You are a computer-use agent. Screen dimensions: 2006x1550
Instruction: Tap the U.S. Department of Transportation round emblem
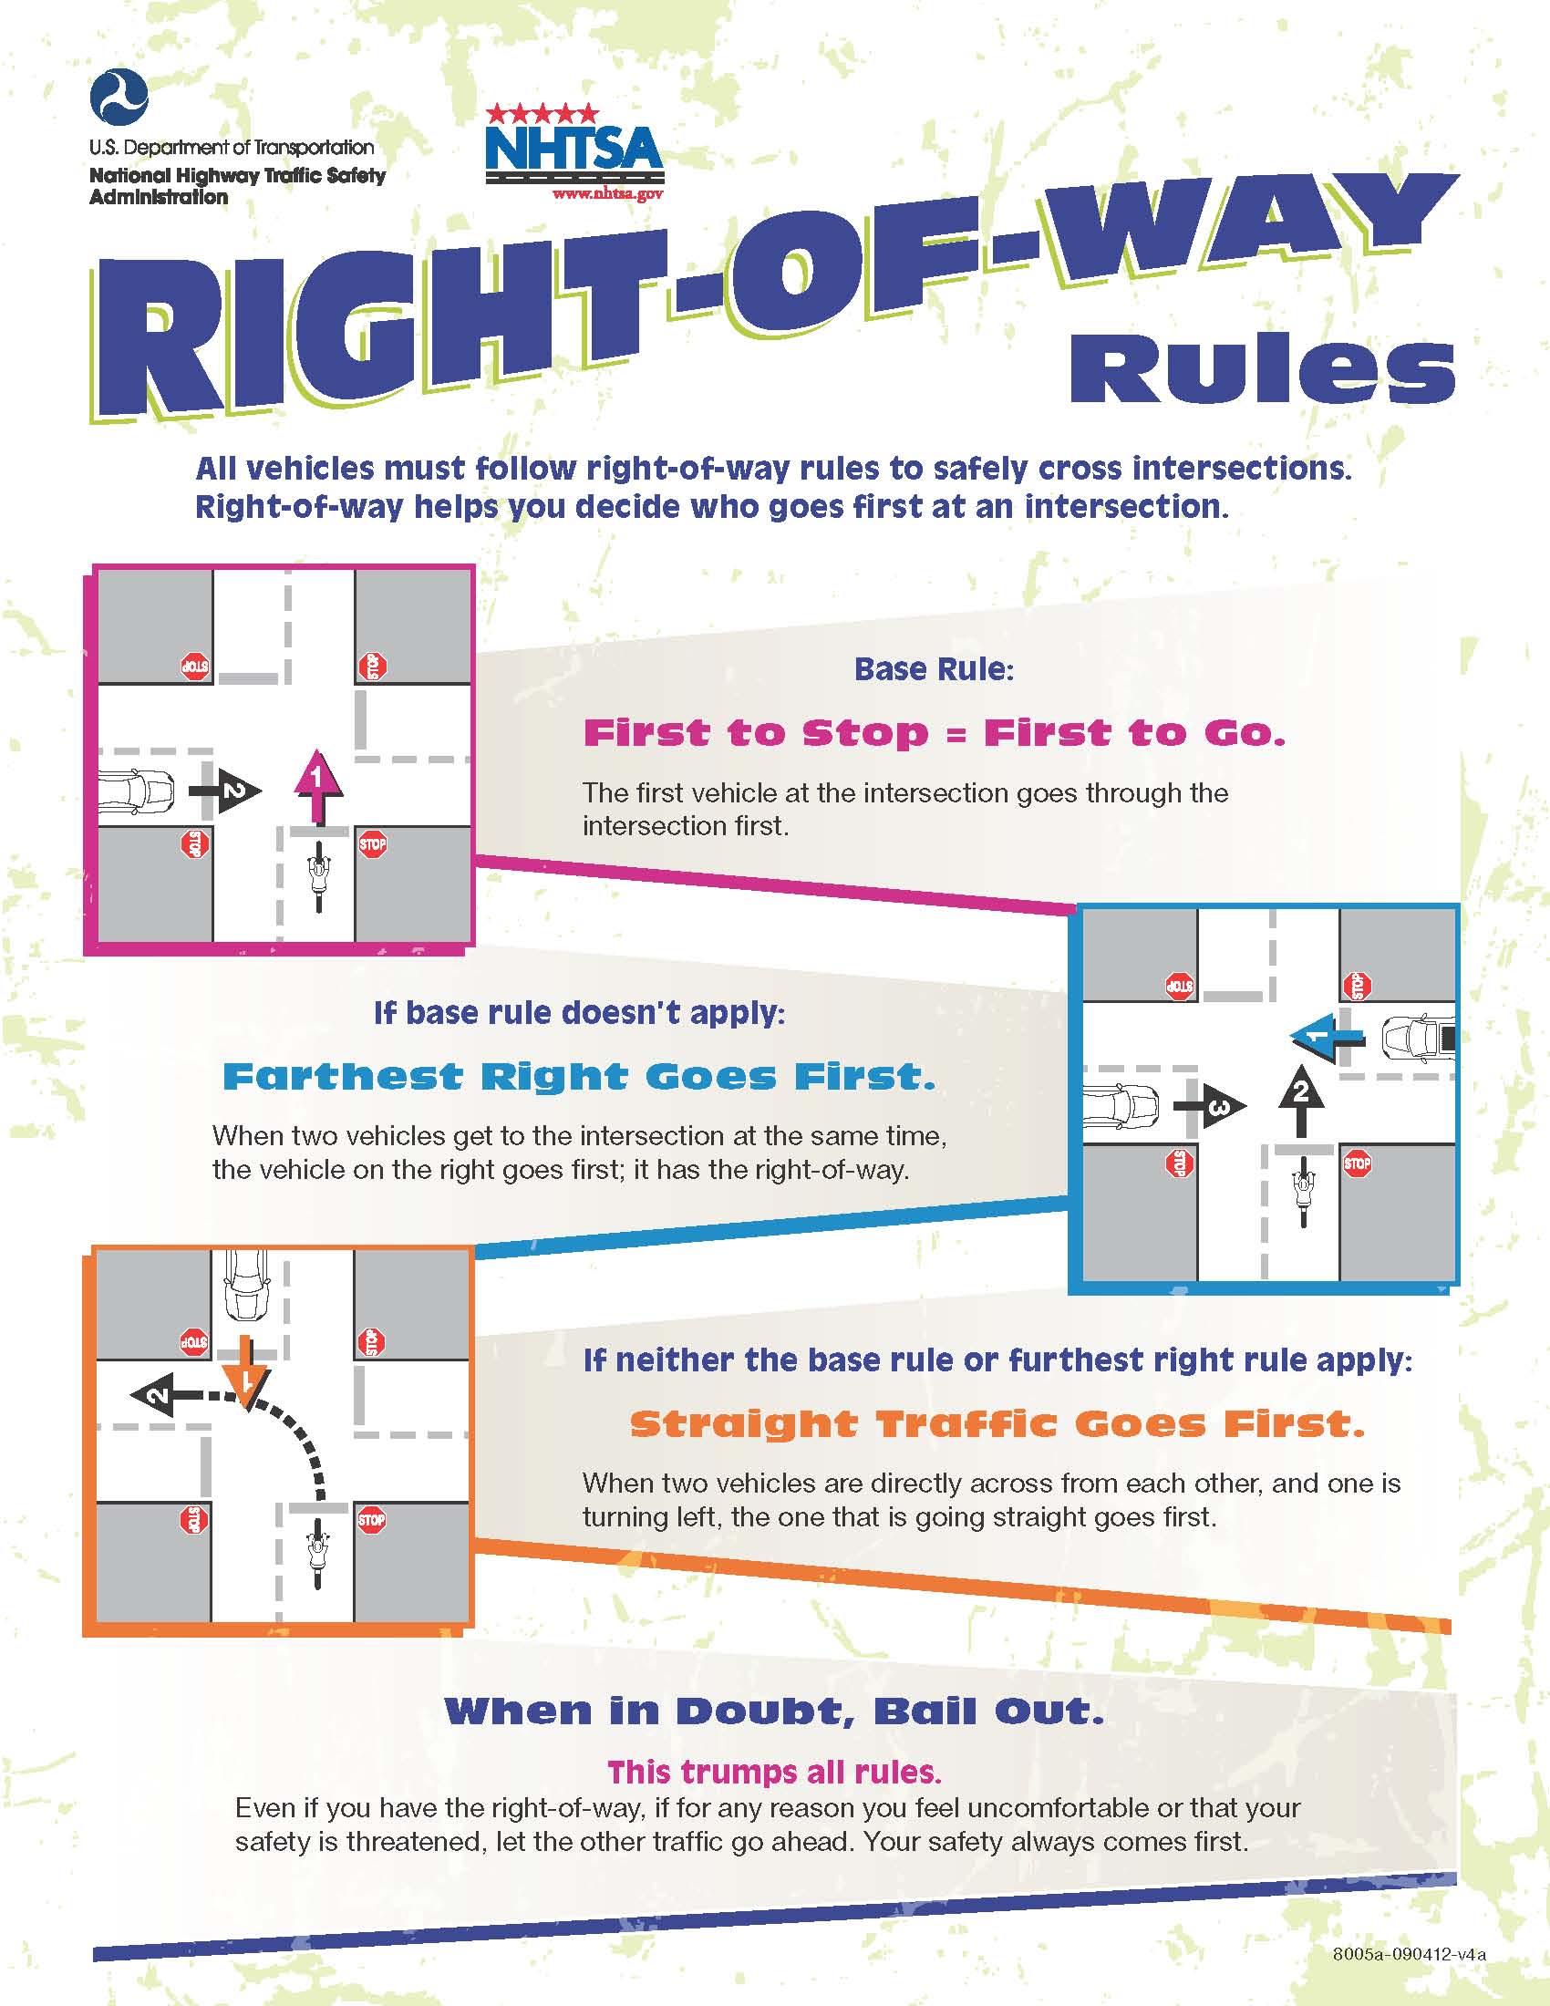coord(119,98)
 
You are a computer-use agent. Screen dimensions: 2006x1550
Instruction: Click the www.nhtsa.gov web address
coord(607,194)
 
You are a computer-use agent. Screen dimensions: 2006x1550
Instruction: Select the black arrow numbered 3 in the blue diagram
coord(1211,1107)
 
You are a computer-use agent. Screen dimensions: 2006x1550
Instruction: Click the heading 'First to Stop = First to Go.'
coord(934,733)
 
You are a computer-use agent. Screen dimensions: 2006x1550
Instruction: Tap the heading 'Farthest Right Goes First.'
coord(579,1077)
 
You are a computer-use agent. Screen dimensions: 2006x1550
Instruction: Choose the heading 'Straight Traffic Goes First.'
coord(997,1423)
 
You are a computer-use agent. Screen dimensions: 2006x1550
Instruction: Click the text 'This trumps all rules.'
coord(774,1771)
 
